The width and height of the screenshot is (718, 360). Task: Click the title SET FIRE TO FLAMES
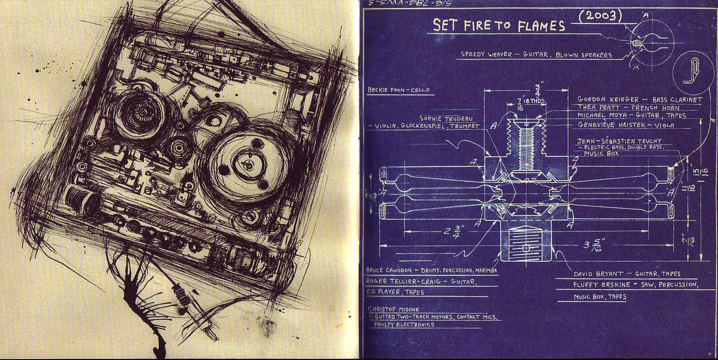point(499,25)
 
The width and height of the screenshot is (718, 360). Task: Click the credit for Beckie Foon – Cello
point(398,90)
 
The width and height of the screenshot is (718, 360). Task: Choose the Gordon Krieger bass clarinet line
point(640,100)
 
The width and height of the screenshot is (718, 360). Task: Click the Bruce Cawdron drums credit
point(431,270)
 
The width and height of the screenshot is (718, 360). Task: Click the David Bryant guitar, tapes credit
point(626,274)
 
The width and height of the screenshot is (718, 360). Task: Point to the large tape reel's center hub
point(247,165)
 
